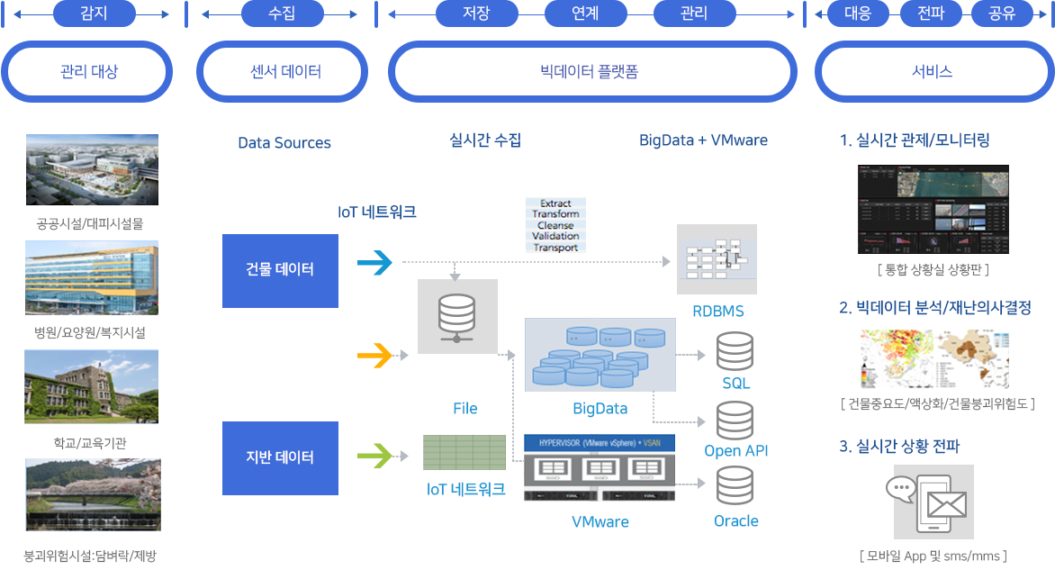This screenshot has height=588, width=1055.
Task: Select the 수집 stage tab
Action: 281,14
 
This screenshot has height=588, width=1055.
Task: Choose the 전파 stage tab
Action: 931,14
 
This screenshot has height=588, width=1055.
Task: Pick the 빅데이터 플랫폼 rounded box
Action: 593,71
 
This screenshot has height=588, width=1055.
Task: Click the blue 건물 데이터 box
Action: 280,270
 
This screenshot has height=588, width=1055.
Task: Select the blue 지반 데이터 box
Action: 280,457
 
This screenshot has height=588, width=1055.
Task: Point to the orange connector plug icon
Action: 376,356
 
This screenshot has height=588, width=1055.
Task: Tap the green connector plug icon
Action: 376,456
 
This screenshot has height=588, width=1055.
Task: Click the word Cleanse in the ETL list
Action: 555,225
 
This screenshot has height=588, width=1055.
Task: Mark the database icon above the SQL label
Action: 735,352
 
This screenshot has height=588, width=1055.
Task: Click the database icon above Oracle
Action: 735,486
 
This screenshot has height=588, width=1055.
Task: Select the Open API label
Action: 735,451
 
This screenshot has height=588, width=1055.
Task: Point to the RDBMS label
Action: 717,312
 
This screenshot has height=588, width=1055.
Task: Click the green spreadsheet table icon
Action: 464,452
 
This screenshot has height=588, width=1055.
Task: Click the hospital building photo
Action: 92,277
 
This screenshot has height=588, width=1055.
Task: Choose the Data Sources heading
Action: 284,143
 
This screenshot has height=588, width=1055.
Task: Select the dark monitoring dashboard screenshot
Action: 933,209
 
